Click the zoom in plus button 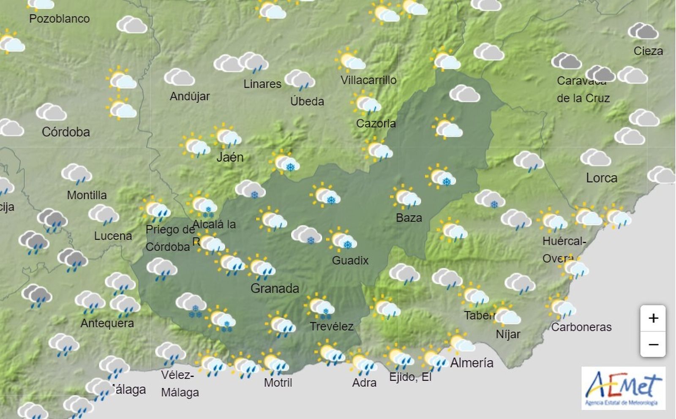[x=653, y=318]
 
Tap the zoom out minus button [x=653, y=345]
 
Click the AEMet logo [x=623, y=388]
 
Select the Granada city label [x=275, y=288]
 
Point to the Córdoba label [x=66, y=132]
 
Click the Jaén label [x=230, y=157]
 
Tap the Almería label [x=472, y=363]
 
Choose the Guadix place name [x=350, y=260]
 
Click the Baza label [x=409, y=218]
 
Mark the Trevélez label [x=332, y=326]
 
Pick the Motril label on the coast [x=278, y=383]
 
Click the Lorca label [x=602, y=178]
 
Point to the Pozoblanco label [x=59, y=19]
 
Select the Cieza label [x=648, y=51]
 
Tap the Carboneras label [x=581, y=327]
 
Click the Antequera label [x=107, y=324]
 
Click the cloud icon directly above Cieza [x=643, y=32]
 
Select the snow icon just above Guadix [x=343, y=239]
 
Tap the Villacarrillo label [x=368, y=80]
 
